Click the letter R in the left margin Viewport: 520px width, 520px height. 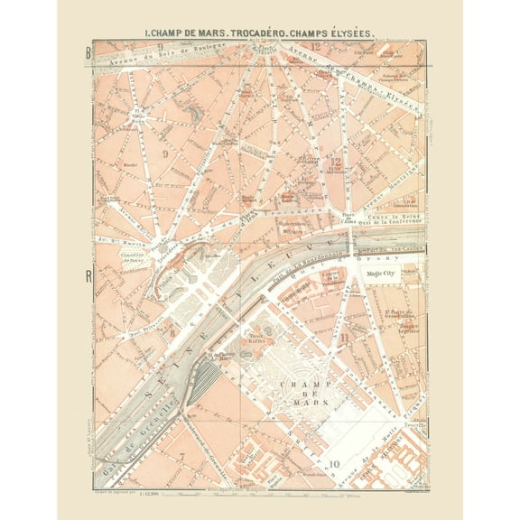coord(88,276)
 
